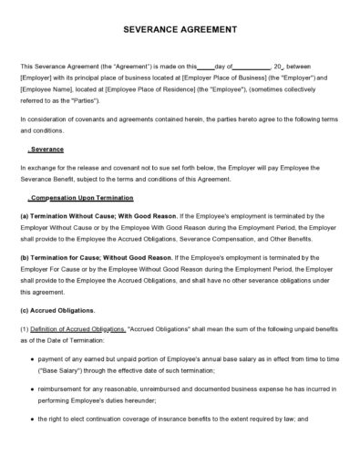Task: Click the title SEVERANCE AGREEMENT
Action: [x=180, y=29]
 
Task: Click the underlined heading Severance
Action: [x=46, y=149]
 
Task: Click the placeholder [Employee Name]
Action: [x=43, y=92]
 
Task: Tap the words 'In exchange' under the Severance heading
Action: [x=36, y=169]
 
